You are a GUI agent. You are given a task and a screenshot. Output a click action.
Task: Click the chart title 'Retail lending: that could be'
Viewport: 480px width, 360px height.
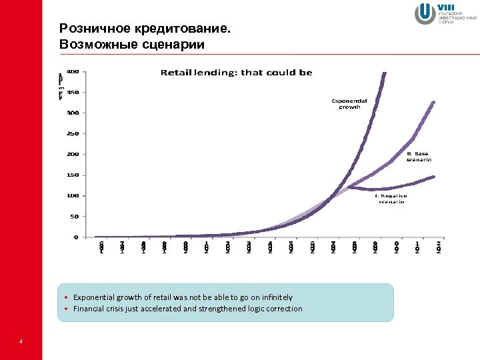236,73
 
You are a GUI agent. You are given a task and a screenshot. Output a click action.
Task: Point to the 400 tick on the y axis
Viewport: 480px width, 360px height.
72,71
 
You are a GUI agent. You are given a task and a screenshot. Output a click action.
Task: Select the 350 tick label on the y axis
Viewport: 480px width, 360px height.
72,92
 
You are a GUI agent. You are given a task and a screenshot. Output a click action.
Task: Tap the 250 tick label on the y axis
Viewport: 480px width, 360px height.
72,133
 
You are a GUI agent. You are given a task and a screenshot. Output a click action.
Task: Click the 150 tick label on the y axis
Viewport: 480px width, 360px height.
72,175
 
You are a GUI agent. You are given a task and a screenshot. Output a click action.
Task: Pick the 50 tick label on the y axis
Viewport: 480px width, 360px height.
73,216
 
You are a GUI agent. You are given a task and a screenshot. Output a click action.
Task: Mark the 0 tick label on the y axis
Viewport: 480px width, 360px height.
75,237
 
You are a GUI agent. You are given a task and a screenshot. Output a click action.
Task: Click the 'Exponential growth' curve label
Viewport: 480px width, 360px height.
349,103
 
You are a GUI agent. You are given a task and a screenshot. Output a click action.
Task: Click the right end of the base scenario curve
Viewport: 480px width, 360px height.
434,102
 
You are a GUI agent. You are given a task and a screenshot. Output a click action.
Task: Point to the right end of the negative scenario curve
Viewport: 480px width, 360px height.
434,177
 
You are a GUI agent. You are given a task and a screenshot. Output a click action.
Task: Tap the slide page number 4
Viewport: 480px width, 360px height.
21,342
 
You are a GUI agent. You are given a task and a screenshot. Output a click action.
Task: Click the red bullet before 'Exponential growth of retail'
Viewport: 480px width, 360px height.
67,297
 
